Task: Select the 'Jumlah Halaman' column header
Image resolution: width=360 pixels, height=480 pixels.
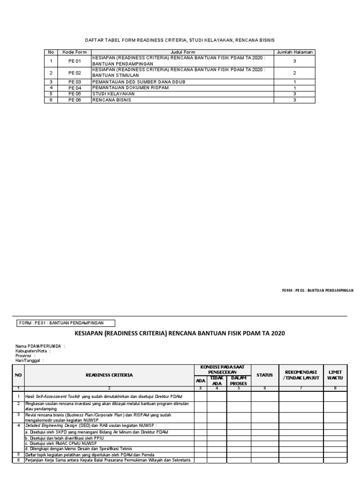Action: click(294, 52)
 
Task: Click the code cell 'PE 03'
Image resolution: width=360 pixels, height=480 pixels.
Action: click(75, 82)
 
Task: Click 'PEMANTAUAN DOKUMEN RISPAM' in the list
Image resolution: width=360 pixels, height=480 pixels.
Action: click(123, 88)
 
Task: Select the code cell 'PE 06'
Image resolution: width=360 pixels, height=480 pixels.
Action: click(75, 100)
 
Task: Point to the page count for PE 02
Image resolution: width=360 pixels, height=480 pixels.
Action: click(294, 73)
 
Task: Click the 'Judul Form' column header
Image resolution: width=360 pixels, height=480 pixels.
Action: click(183, 52)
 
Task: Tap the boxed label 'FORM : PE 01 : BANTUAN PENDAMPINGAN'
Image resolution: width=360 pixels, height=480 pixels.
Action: click(66, 322)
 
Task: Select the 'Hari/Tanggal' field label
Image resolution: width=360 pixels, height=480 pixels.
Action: click(29, 360)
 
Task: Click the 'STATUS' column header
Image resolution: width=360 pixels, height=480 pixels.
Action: click(264, 375)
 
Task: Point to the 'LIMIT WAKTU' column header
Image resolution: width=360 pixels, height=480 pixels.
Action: click(335, 375)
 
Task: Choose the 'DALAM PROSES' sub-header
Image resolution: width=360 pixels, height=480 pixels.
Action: click(239, 380)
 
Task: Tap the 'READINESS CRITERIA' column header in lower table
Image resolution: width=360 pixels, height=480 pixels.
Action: click(109, 375)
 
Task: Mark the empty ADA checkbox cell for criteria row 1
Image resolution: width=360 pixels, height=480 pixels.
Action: click(200, 396)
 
